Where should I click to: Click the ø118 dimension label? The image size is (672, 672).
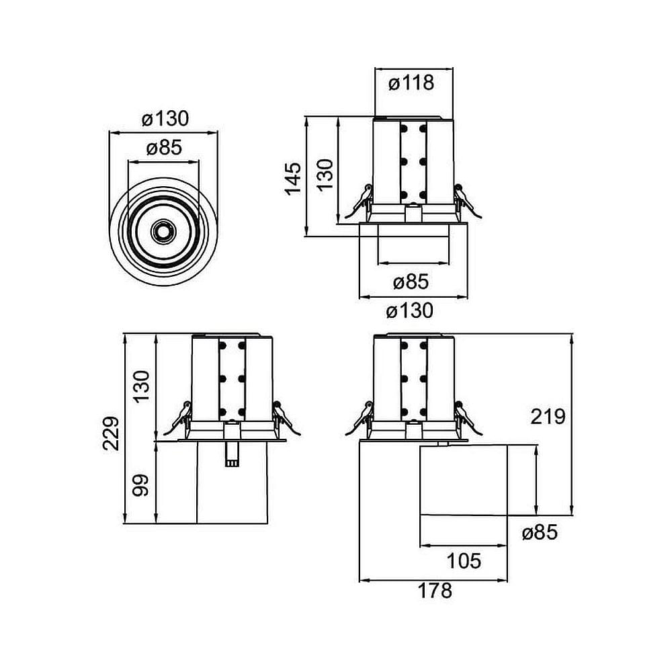coord(411,83)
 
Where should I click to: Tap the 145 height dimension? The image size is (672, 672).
coord(293,178)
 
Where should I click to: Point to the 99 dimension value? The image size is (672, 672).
coord(140,483)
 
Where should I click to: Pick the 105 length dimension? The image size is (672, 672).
coord(464,560)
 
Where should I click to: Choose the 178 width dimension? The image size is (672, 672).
coord(435,591)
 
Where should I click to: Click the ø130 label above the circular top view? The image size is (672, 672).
coord(165,119)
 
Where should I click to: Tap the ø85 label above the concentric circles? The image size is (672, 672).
coord(164,148)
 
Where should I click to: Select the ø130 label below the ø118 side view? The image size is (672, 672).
coord(411,310)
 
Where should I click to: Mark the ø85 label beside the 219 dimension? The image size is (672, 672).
coord(540,533)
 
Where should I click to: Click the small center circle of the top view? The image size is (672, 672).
coord(163,230)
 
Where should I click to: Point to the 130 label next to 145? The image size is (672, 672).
coord(325,175)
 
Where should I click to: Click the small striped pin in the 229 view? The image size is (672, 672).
coord(232,455)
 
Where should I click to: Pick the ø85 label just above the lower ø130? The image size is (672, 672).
coord(411,282)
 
